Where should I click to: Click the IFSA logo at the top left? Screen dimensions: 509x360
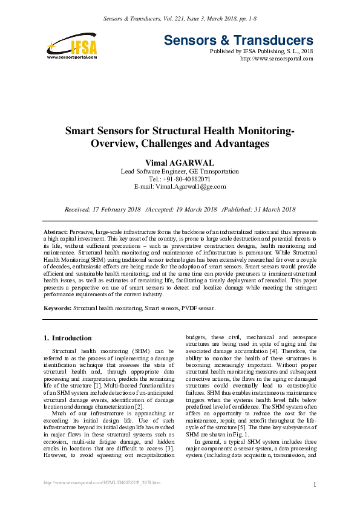72,45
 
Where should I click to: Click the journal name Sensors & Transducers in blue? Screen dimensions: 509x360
238,41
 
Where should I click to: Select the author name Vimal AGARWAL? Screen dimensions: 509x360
180,163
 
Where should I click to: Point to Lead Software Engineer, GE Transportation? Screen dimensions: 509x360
180,171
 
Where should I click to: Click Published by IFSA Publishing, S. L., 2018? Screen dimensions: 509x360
261,51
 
